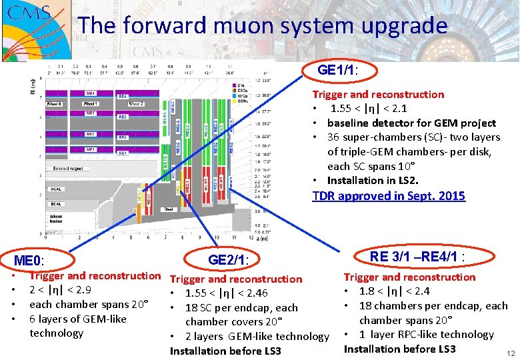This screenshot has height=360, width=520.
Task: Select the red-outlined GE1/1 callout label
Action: click(x=339, y=70)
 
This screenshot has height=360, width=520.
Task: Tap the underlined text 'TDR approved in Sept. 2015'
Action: click(x=389, y=196)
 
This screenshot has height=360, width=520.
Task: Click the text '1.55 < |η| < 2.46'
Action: click(x=226, y=293)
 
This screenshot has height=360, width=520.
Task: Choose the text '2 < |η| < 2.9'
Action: click(x=60, y=290)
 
